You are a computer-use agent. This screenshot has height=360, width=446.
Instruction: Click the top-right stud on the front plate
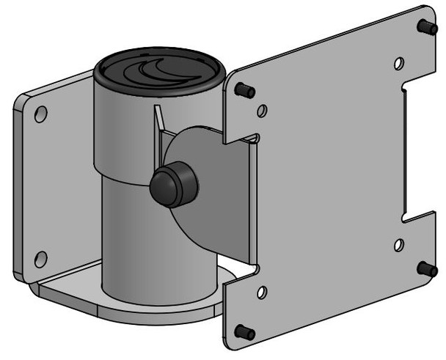(424, 26)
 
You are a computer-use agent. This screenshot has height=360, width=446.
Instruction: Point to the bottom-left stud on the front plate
(245, 331)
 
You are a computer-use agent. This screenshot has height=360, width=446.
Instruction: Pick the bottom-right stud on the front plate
(427, 268)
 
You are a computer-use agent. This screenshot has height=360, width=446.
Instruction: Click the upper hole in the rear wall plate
(41, 114)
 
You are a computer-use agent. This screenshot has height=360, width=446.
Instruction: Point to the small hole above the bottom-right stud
(398, 244)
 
